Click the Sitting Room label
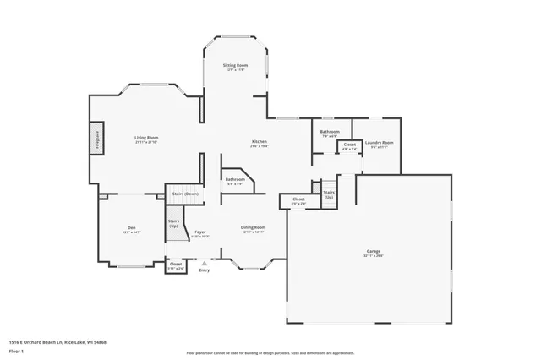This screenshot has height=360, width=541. click(235, 65)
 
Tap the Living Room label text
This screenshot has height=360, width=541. click(146, 137)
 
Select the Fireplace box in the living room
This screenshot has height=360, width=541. click(97, 139)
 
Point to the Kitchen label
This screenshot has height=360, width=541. click(259, 141)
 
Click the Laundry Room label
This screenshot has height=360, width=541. click(380, 142)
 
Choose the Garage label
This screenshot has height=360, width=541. click(373, 252)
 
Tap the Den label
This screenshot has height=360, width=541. click(131, 227)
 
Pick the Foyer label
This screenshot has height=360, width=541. click(200, 232)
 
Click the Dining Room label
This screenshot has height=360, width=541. click(254, 226)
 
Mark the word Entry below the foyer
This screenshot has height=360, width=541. click(204, 270)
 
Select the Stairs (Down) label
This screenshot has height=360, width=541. click(185, 194)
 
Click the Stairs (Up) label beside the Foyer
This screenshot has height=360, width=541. click(173, 223)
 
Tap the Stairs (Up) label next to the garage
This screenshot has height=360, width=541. click(329, 194)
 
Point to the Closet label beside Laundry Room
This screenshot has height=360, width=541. click(349, 145)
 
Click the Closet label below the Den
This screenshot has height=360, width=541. click(176, 264)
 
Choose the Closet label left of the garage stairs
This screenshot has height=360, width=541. click(298, 200)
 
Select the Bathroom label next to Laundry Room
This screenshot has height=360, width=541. click(329, 132)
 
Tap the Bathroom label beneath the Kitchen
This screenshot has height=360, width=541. click(234, 179)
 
